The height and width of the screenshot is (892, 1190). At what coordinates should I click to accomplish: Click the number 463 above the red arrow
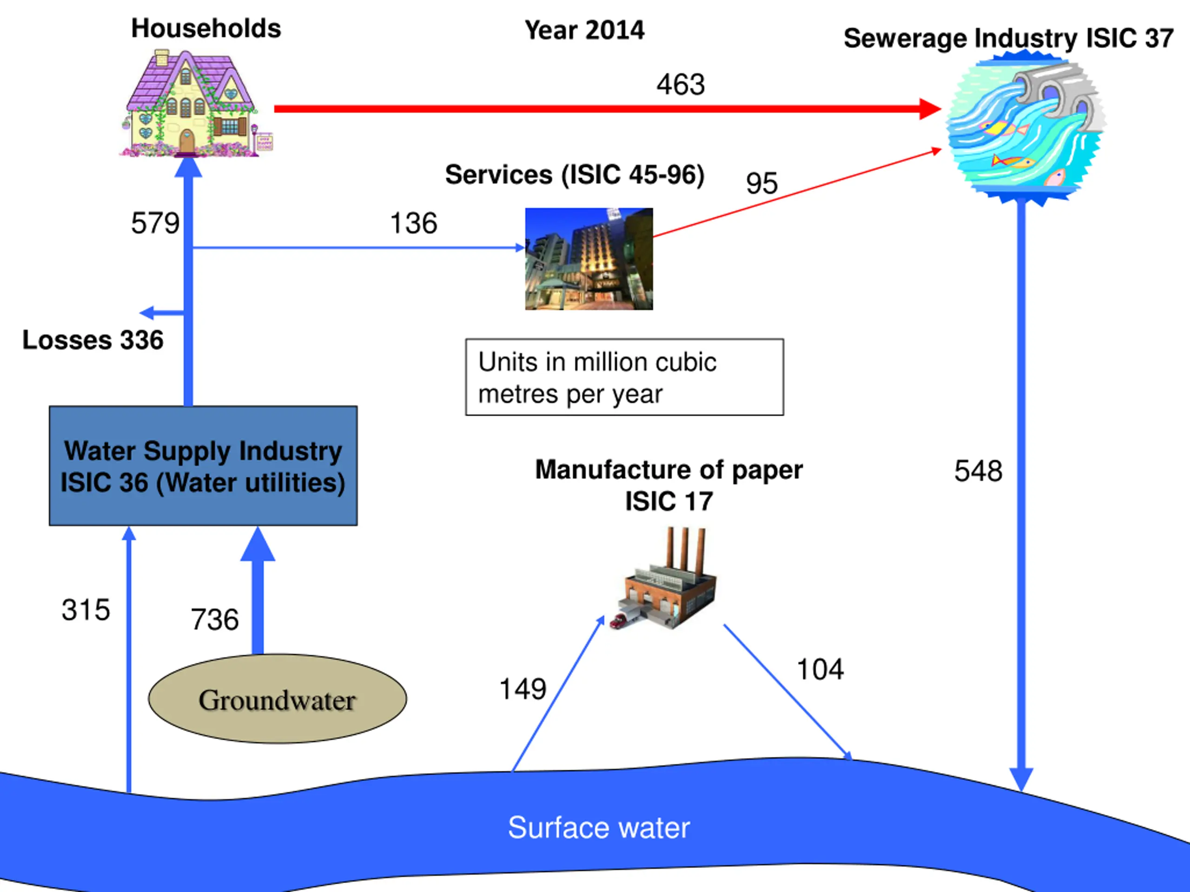click(680, 85)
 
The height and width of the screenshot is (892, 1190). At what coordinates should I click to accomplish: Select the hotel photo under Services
click(588, 259)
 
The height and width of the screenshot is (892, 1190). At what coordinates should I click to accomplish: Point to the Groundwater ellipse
click(277, 699)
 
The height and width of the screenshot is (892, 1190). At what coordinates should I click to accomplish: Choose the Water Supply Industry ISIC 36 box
click(203, 466)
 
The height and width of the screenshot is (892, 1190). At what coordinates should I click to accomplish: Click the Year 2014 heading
click(584, 30)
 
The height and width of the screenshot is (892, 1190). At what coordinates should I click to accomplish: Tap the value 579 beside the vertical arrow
click(155, 223)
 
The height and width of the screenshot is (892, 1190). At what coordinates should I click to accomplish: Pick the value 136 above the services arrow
click(413, 223)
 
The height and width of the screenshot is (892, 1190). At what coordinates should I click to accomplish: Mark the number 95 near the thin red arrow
click(761, 184)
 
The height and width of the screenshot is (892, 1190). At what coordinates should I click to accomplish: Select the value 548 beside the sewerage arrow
click(978, 471)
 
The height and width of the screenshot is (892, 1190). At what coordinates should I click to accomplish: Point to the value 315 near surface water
click(86, 610)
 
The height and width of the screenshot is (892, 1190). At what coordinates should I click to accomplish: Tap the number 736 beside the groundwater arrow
click(215, 619)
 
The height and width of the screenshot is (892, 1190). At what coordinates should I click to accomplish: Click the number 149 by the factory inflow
click(522, 689)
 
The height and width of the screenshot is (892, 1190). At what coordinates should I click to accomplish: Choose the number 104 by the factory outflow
click(820, 669)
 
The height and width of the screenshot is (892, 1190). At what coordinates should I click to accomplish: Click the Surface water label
click(598, 827)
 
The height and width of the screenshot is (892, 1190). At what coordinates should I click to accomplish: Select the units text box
click(624, 377)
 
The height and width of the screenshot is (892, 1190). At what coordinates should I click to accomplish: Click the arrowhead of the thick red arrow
click(930, 109)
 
